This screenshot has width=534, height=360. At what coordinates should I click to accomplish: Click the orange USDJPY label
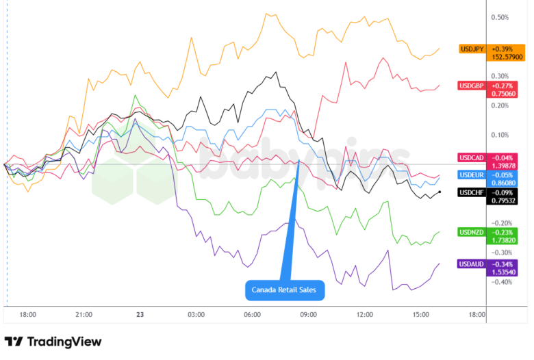point(472,49)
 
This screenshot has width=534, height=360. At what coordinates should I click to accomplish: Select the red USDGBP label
point(472,85)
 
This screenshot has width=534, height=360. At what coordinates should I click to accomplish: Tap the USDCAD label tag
point(472,157)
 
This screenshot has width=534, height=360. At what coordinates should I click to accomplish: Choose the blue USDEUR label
point(472,175)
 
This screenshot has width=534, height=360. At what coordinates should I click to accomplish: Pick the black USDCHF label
point(472,192)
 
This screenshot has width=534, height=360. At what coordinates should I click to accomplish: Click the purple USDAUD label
point(472,263)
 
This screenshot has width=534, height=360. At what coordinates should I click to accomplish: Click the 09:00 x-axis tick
point(308,315)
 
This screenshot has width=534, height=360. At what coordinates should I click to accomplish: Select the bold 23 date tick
point(139,315)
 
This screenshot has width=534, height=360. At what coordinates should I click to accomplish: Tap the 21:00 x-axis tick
point(84,315)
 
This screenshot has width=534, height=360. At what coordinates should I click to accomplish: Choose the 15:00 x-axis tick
point(420,315)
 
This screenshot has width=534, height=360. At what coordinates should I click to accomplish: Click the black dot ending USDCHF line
point(439,192)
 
